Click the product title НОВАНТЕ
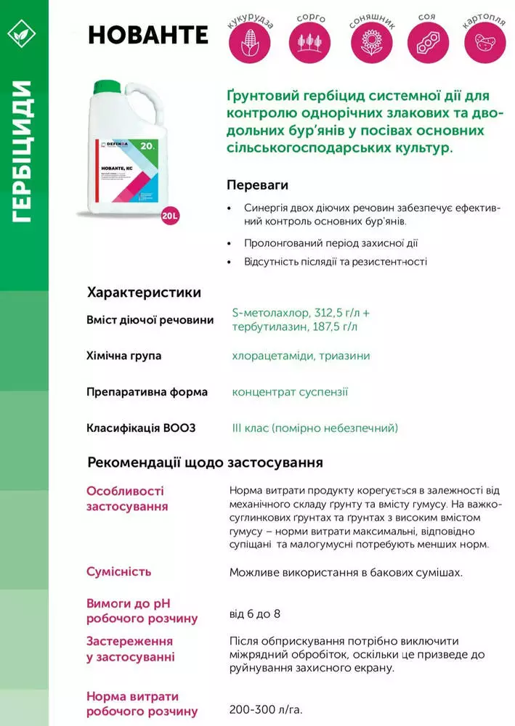[x=147, y=35]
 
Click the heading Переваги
[x=254, y=184]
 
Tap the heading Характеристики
[x=144, y=293]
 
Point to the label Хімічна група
[x=123, y=356]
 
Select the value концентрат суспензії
[x=290, y=392]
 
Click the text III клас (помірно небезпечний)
[x=315, y=428]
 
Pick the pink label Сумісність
[x=119, y=571]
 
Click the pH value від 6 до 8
[x=254, y=614]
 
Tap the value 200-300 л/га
[x=266, y=708]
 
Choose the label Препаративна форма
[x=147, y=392]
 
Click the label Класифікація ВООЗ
[x=141, y=428]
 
